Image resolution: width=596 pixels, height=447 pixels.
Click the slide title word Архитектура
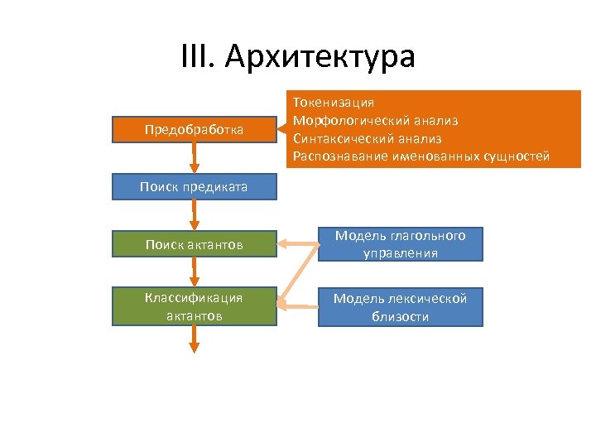tap(320, 58)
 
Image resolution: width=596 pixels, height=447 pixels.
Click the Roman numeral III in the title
tap(197, 58)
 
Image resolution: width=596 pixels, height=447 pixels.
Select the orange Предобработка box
tap(194, 130)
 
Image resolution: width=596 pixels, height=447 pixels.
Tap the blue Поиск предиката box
tap(194, 187)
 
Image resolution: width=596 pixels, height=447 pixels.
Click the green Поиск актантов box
tap(194, 244)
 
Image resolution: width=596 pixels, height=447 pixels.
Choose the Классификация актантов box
tap(194, 306)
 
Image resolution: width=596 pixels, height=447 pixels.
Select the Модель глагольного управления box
tap(400, 244)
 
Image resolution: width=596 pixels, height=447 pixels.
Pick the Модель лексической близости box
tap(400, 306)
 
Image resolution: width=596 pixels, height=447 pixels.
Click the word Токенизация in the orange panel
tap(334, 103)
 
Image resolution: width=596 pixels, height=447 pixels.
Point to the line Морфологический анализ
tap(375, 121)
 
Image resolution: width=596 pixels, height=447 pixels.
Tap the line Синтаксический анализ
tap(367, 139)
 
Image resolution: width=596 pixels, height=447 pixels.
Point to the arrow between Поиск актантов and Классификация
tap(195, 272)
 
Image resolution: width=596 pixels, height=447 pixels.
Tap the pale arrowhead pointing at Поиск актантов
tap(282, 244)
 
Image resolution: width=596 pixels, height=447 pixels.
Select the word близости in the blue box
tap(400, 316)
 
